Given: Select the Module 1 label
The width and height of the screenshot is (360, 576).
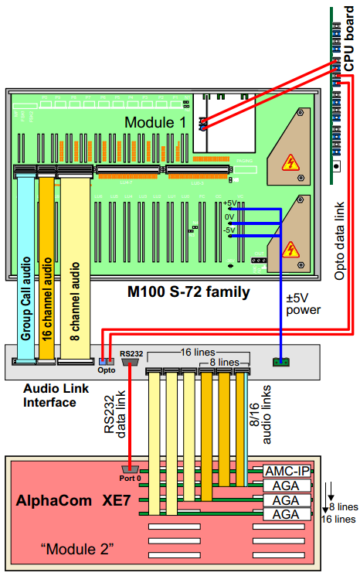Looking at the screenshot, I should tap(156, 122).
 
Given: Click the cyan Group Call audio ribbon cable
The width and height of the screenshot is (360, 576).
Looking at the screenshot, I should tap(26, 263).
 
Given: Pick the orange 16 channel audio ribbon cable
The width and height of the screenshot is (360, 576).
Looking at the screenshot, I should tap(46, 263).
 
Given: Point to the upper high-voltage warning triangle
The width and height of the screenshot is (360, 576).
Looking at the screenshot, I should tap(290, 162).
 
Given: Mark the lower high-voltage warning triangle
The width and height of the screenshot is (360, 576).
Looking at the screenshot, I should tap(290, 249).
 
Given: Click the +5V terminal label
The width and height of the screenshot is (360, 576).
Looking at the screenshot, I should tap(229, 203).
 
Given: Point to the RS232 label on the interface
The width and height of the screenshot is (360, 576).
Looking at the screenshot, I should tap(131, 353).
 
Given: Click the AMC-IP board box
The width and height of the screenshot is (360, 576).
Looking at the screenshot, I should tap(287, 470).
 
